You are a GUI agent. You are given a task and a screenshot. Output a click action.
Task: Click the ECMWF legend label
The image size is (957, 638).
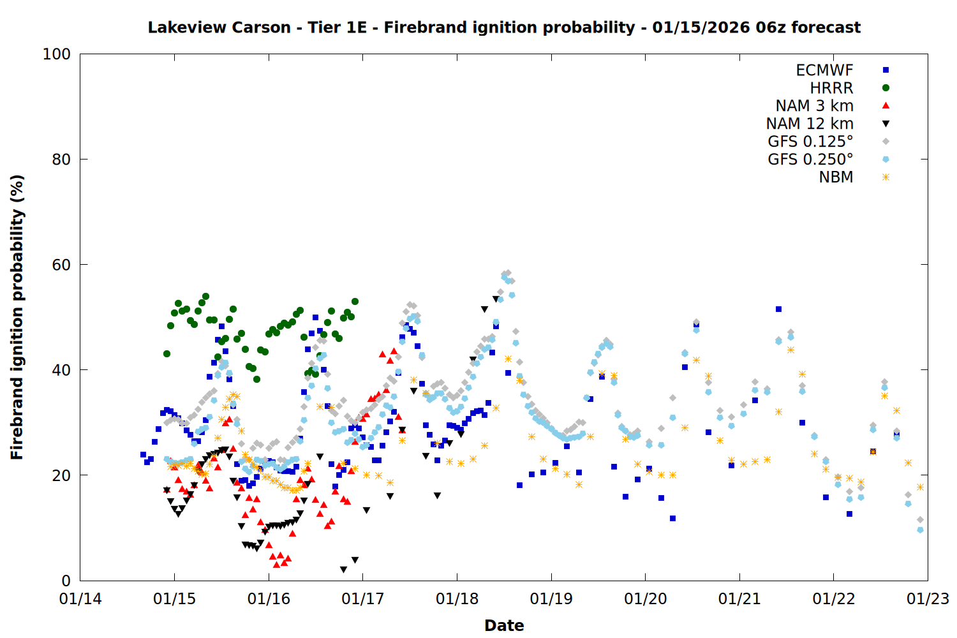point(824,70)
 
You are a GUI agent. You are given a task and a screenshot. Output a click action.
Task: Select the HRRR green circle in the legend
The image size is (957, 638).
point(886,88)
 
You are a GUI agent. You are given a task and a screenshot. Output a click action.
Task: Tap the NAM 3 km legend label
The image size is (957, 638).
point(814,106)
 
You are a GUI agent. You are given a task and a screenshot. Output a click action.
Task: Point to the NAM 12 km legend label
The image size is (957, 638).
point(810,124)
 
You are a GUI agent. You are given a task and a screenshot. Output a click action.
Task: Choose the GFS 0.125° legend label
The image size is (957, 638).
point(810,142)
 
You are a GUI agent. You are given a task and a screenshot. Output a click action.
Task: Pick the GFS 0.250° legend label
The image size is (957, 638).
point(810,159)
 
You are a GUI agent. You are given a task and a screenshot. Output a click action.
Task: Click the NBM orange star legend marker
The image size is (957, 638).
point(886,177)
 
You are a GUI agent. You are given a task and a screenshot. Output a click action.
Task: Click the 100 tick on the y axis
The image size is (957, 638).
point(57,54)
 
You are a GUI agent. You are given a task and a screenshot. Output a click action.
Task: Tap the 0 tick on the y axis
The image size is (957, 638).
point(66,581)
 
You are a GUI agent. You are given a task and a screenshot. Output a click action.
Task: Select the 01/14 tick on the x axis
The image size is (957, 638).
point(80,599)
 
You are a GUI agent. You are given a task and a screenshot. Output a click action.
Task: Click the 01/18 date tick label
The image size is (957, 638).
point(457,599)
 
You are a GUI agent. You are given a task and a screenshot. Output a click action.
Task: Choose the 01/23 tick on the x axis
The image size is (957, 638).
point(928,599)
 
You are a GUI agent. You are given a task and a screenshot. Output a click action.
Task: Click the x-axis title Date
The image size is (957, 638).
point(504,625)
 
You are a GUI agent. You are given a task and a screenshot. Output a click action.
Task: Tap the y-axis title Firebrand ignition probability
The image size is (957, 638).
point(17,317)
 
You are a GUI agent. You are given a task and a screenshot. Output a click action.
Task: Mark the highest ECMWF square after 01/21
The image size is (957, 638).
point(778,309)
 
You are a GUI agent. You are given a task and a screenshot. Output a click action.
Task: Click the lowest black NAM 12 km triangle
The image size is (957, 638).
point(343,569)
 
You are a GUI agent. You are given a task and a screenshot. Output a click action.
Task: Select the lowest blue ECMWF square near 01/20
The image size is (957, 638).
point(672,518)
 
